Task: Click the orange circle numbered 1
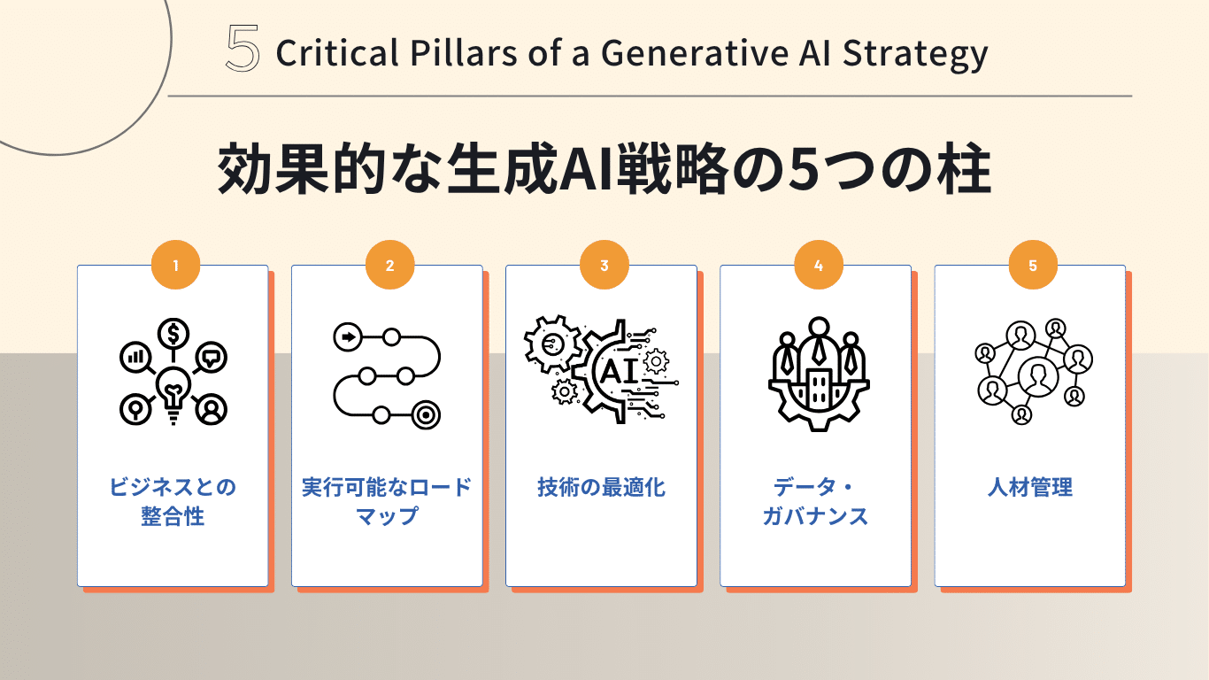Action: (175, 265)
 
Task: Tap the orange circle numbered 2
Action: (389, 265)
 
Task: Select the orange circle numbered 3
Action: (604, 265)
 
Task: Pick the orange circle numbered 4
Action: (818, 265)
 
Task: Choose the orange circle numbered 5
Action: (1033, 265)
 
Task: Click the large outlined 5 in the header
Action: (243, 49)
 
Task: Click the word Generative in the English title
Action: (694, 53)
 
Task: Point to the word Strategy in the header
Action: (915, 55)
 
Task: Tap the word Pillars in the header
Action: (464, 53)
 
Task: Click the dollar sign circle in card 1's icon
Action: (173, 333)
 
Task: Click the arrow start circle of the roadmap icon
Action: (348, 337)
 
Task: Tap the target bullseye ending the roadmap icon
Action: (426, 415)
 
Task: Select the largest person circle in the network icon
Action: (1038, 376)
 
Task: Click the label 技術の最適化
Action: (601, 487)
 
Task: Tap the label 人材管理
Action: (1030, 487)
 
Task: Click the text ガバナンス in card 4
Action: (815, 516)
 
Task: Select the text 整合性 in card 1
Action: (173, 516)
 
